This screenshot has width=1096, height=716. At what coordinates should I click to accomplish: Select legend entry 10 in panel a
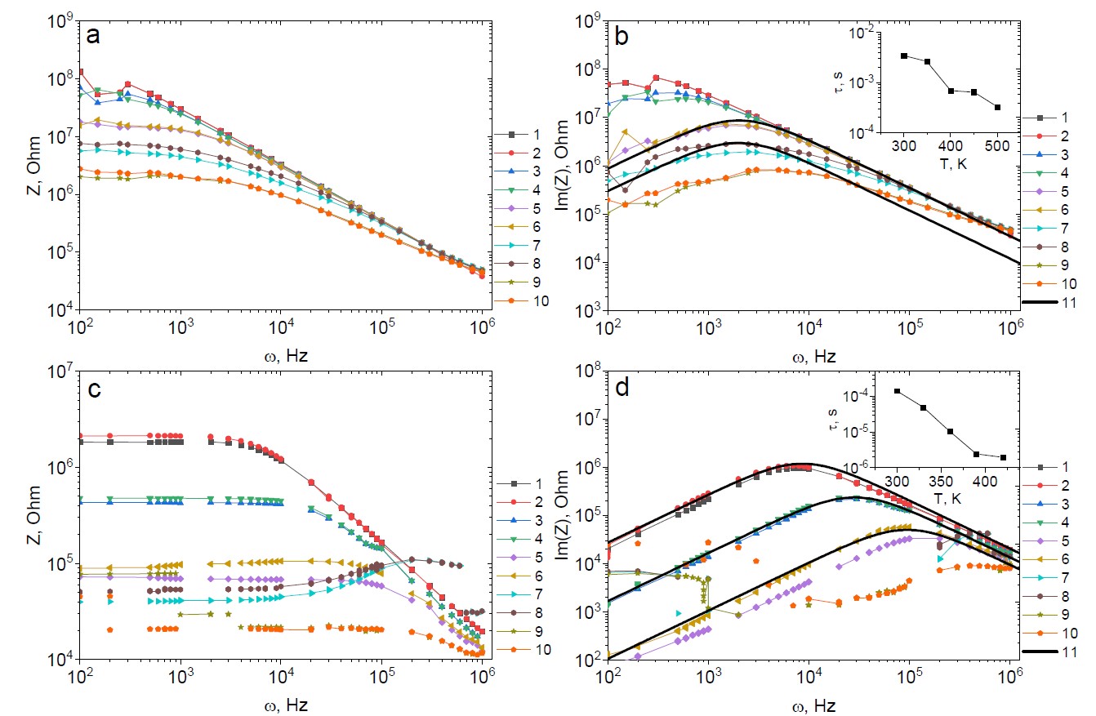536,300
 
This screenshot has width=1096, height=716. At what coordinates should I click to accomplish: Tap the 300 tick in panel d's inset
898,481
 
